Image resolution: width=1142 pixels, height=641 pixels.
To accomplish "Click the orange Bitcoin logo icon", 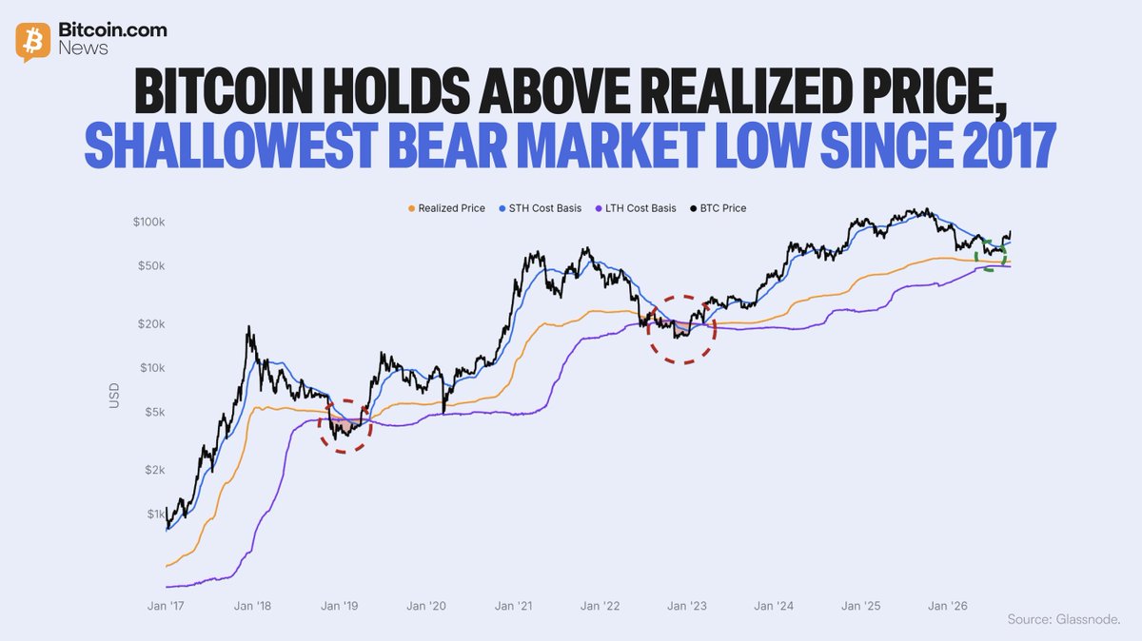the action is click(x=33, y=41).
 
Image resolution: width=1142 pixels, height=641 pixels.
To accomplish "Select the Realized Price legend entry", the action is click(x=446, y=208).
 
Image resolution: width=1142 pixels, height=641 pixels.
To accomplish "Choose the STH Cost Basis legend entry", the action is click(x=540, y=208).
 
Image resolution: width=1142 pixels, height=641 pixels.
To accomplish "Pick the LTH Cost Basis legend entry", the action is click(x=636, y=208).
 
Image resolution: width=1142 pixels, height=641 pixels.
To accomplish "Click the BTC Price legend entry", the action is click(x=718, y=208).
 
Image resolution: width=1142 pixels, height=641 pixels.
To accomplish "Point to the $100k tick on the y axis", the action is click(x=148, y=223).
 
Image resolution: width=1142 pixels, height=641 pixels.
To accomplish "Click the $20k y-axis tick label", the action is click(x=151, y=324).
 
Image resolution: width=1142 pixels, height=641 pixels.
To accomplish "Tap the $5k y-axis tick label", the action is click(x=155, y=412).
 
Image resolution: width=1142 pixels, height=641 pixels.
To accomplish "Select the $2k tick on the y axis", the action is click(x=155, y=470).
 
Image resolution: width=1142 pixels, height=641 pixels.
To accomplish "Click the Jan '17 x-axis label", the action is click(x=166, y=606).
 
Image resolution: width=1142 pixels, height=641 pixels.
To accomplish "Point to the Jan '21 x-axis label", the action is click(x=513, y=606).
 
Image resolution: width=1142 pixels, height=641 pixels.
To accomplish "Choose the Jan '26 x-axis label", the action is click(x=948, y=606).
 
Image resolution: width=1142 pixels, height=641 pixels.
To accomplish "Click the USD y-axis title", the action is click(x=114, y=396).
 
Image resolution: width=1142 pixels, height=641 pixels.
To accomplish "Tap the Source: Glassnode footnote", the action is click(x=1064, y=619).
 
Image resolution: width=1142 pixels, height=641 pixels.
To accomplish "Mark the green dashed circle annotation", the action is click(x=975, y=255).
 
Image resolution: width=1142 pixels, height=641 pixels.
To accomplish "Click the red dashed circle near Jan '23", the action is click(x=648, y=329).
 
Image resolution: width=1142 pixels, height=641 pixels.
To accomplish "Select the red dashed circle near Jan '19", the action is click(x=320, y=426).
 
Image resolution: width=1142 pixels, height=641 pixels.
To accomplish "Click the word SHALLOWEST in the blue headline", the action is click(x=231, y=146).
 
